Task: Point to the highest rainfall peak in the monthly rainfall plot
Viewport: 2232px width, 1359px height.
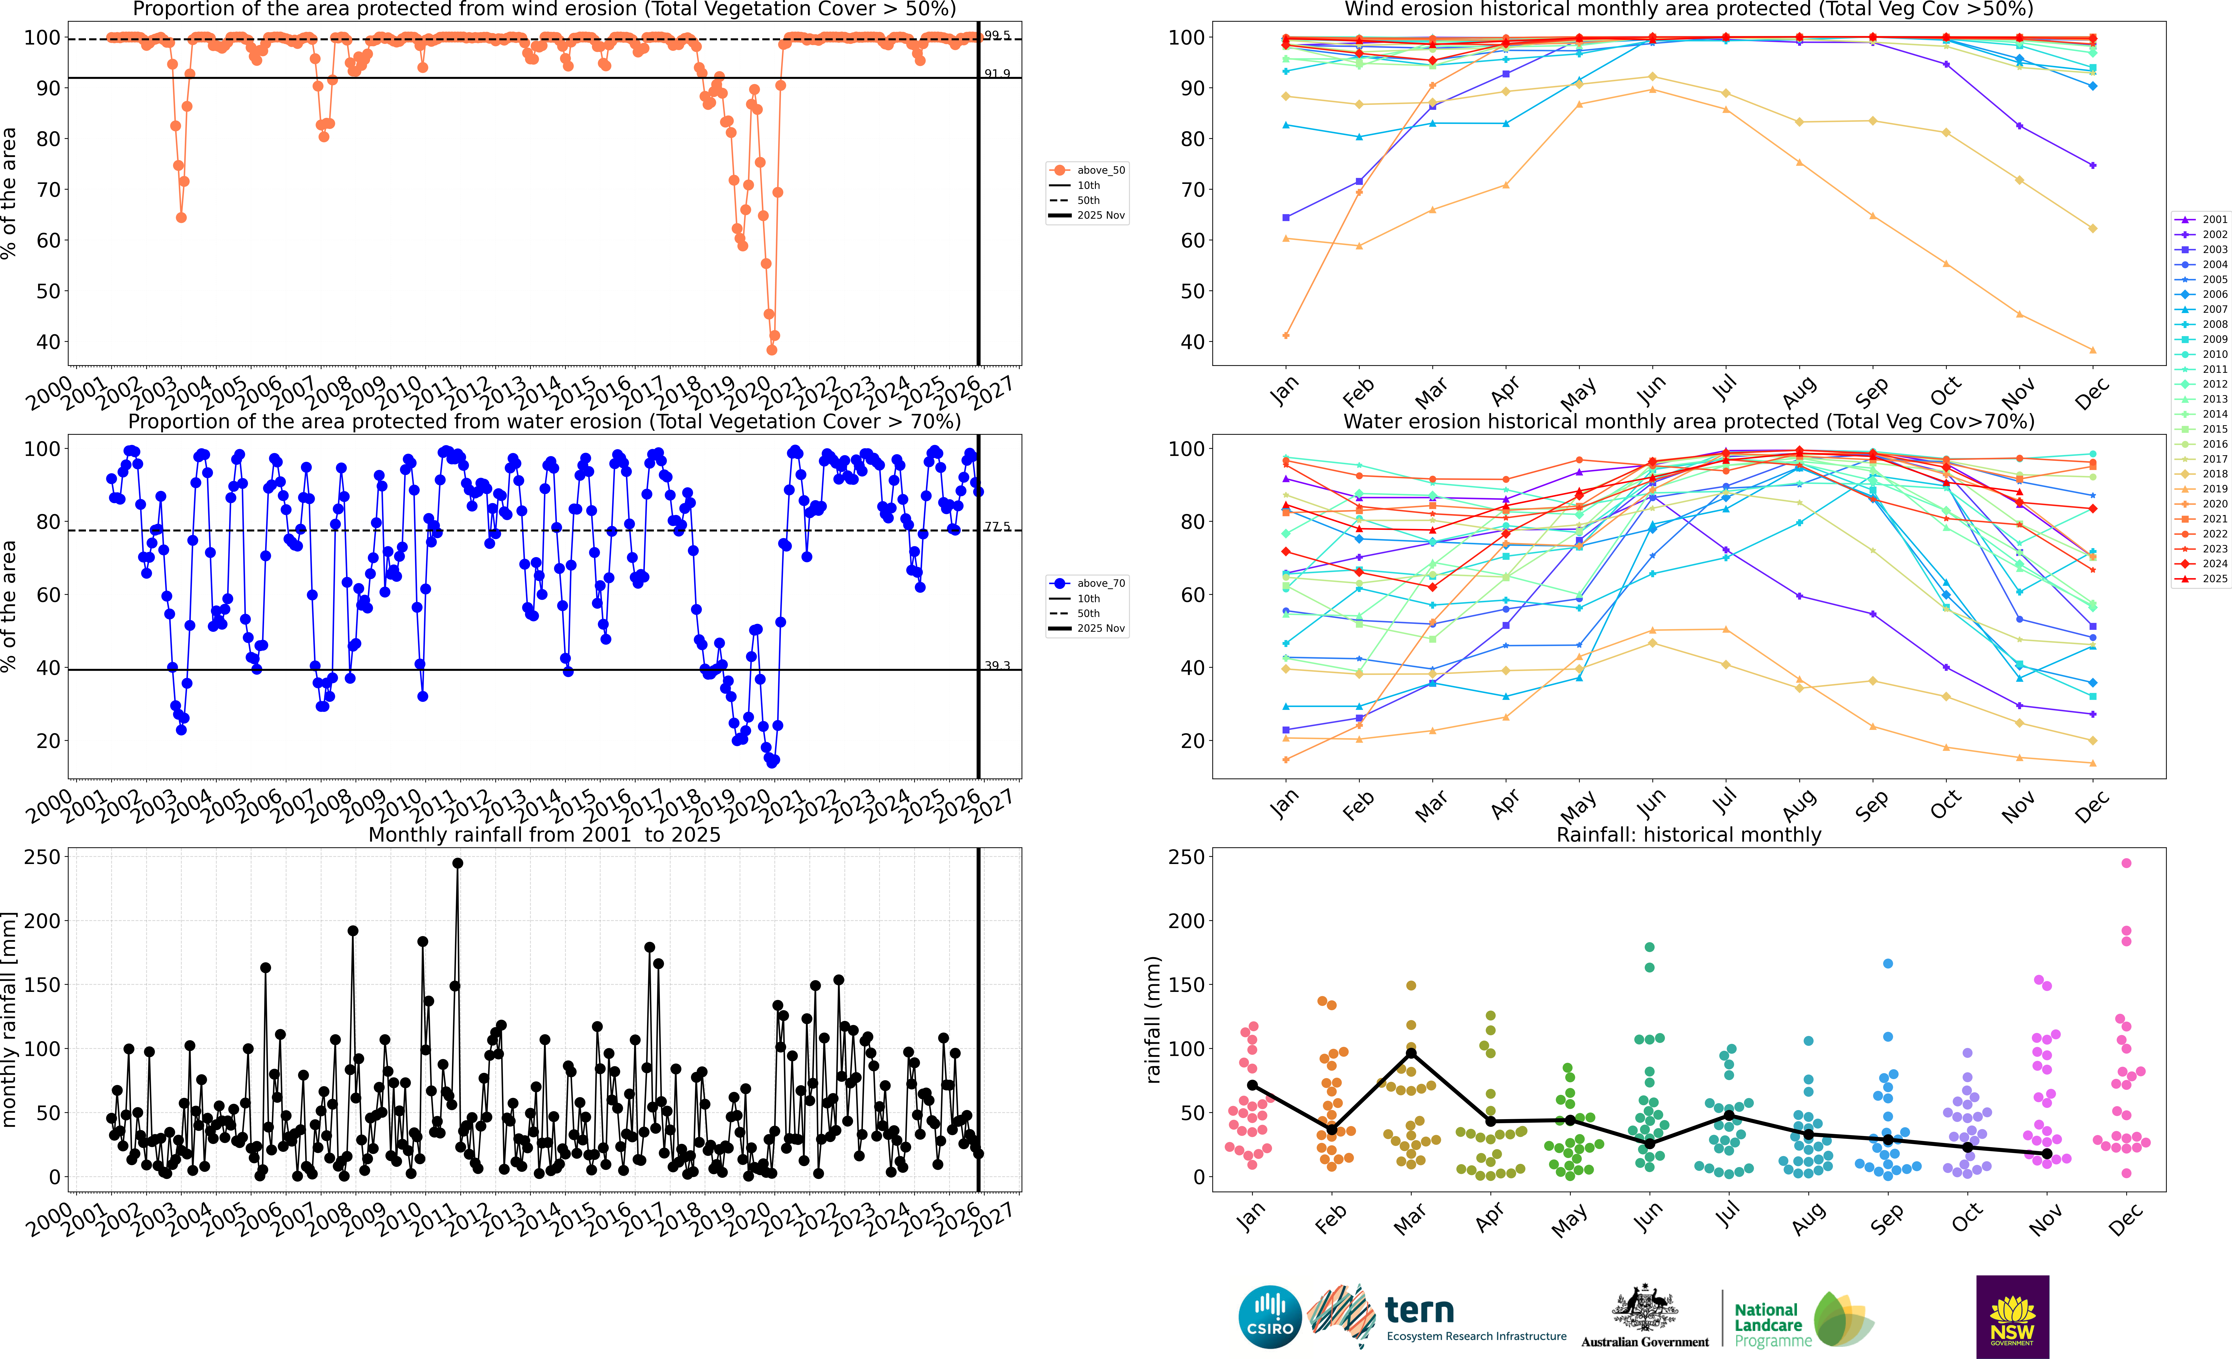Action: [457, 864]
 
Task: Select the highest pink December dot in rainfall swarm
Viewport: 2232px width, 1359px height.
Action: [2126, 864]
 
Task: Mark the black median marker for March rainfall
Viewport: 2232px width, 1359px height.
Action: [1410, 1054]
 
